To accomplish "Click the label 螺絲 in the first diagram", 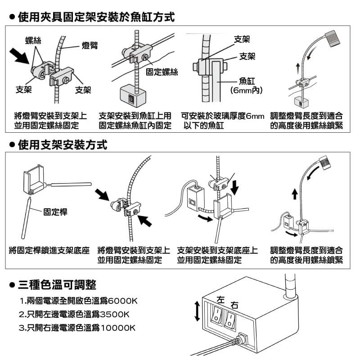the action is pyautogui.click(x=33, y=40).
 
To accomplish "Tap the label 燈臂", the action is pyautogui.click(x=90, y=45).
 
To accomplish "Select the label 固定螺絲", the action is pyautogui.click(x=162, y=72).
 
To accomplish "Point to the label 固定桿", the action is pyautogui.click(x=55, y=212).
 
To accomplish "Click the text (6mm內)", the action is pyautogui.click(x=247, y=90).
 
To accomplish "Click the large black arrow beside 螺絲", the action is pyautogui.click(x=19, y=56).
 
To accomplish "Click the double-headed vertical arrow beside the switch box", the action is pyautogui.click(x=197, y=311).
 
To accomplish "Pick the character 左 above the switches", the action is pyautogui.click(x=220, y=300).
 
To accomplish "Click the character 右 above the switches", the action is pyautogui.click(x=234, y=305).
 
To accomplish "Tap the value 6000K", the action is pyautogui.click(x=122, y=301).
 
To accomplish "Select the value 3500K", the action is pyautogui.click(x=115, y=314).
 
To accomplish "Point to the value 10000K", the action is pyautogui.click(x=118, y=328).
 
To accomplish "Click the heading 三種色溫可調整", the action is pyautogui.click(x=57, y=285).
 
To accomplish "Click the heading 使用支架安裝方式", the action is pyautogui.click(x=63, y=145).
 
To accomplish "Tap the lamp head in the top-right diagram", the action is pyautogui.click(x=333, y=38).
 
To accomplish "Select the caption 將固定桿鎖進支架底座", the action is pyautogui.click(x=49, y=250).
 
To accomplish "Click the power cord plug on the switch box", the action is pyautogui.click(x=241, y=339).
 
